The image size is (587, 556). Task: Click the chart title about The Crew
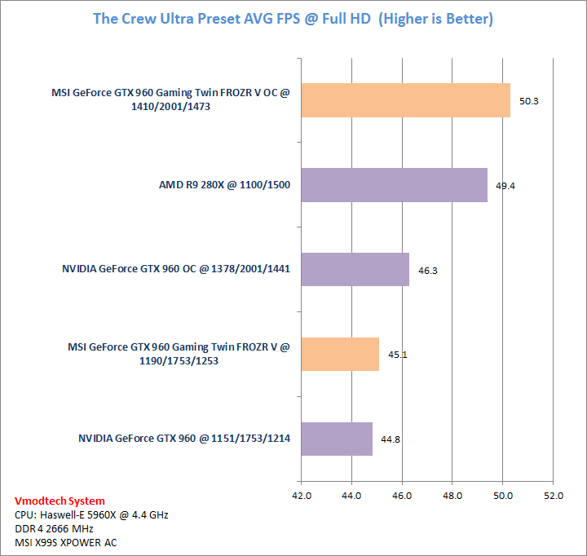coord(293,18)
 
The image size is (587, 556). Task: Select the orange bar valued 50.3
coord(405,100)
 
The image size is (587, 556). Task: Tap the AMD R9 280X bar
coord(394,185)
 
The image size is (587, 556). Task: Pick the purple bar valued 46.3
coord(355,269)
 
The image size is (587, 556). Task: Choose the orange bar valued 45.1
coord(340,354)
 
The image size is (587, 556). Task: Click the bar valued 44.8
coord(337,439)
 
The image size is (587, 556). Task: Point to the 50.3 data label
coord(529,101)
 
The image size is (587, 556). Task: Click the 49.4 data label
coord(505,186)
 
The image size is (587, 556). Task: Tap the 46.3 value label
coord(428,270)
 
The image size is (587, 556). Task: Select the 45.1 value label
coord(398,355)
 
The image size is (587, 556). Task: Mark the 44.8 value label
coord(391,439)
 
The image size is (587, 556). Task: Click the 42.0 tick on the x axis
coord(302,495)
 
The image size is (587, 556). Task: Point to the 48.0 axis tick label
coord(452,495)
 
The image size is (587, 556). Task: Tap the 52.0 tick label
coord(553,495)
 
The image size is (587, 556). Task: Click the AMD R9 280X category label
coord(224,185)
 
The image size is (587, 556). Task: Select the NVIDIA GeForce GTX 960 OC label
coord(176,270)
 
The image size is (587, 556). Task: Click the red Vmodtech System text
coord(60,501)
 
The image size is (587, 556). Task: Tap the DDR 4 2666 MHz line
coord(60,528)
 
